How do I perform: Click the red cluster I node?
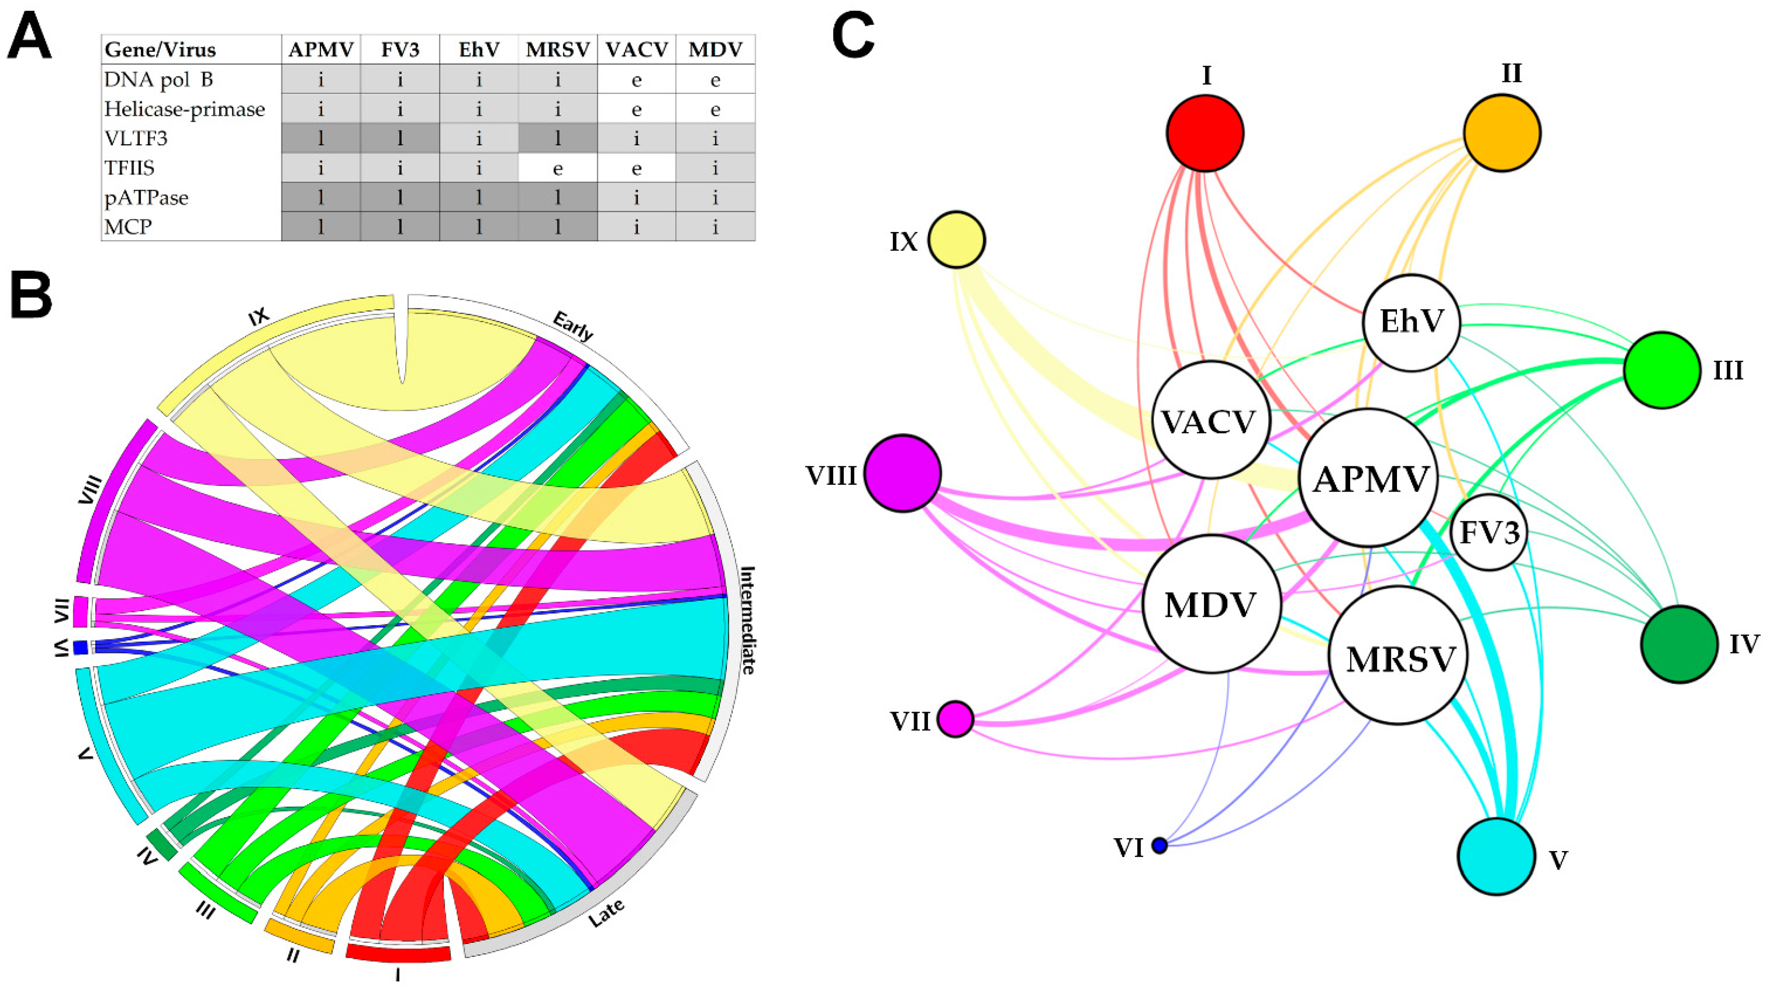tap(1205, 133)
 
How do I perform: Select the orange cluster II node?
tap(1502, 133)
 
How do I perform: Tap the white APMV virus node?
tap(1369, 478)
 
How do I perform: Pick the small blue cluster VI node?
tap(1159, 845)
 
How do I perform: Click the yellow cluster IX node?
tap(957, 239)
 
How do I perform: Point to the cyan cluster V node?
tap(1496, 856)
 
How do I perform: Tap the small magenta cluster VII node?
tap(955, 719)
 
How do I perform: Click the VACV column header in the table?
tap(637, 49)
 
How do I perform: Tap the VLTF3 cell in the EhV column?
tap(479, 139)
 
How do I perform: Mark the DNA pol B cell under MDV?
tap(716, 80)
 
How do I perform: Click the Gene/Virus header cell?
tap(160, 49)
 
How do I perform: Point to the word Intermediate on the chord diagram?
tap(747, 619)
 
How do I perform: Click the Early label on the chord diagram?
tap(573, 326)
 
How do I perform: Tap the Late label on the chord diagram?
tap(607, 912)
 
